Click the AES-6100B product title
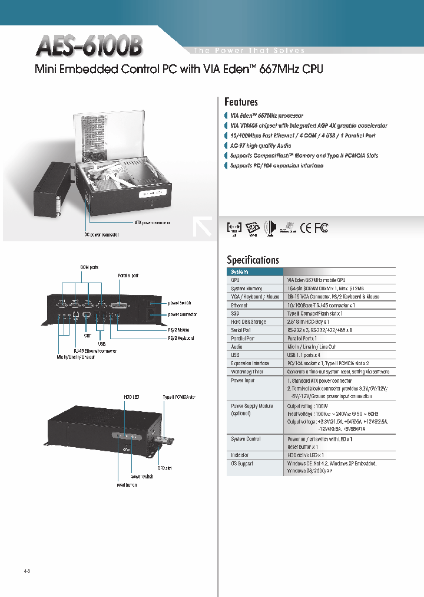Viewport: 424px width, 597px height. click(x=89, y=45)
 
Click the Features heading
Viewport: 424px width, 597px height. click(x=241, y=102)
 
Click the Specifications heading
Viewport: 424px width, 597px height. click(x=253, y=260)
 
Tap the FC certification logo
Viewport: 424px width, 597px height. click(x=322, y=228)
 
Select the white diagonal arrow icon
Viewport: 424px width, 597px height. click(x=202, y=227)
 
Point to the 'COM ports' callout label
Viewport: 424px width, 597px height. click(x=89, y=267)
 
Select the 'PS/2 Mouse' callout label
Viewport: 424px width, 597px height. click(x=181, y=330)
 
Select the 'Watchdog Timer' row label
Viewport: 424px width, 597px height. click(x=247, y=372)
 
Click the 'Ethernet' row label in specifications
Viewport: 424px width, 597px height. click(x=239, y=306)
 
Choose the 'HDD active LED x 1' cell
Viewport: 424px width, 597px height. click(x=305, y=455)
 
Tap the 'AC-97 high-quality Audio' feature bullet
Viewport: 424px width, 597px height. click(x=260, y=146)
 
